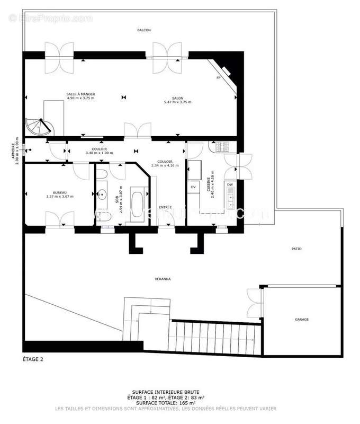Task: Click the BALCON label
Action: (144, 30)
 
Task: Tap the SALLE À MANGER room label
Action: (80, 94)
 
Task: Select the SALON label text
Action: (177, 98)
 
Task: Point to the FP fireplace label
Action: (218, 78)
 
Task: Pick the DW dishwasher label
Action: (230, 184)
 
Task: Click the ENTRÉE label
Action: (166, 207)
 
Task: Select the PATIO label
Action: (296, 249)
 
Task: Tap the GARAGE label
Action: (302, 320)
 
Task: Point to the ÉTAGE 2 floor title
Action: (33, 359)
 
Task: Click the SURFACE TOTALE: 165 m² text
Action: (166, 402)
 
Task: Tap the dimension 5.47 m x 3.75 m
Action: (177, 102)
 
